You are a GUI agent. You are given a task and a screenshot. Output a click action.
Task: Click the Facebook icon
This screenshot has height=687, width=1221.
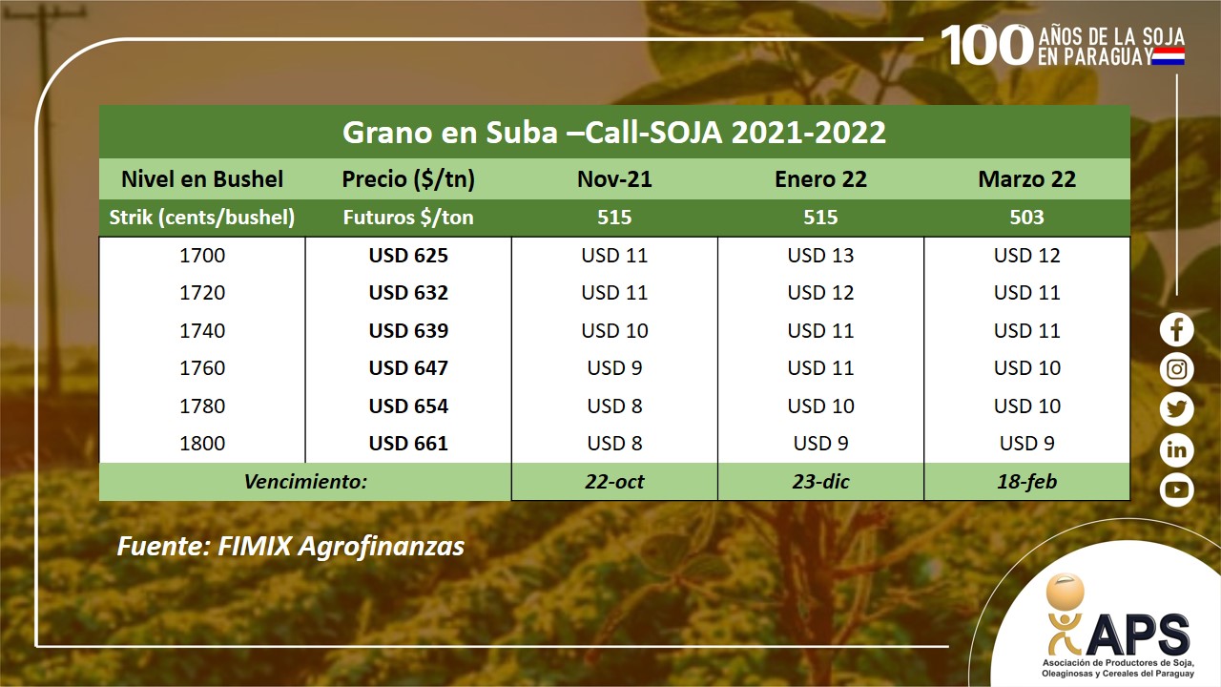coord(1176,330)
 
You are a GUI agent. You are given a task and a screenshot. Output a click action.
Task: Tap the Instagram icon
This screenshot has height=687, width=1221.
coord(1176,369)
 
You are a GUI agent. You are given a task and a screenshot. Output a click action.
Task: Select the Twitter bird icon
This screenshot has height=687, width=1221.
coord(1176,409)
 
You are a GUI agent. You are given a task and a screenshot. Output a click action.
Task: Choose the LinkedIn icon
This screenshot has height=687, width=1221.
coord(1176,449)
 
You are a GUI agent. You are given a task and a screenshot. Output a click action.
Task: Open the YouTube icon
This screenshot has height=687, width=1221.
coord(1176,489)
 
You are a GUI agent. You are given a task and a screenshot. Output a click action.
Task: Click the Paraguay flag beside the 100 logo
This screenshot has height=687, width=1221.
coord(1169,56)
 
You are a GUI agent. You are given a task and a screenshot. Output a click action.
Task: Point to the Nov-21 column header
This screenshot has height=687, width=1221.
coord(614,179)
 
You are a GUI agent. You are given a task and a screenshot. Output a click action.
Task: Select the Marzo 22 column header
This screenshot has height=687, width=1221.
coord(1027,179)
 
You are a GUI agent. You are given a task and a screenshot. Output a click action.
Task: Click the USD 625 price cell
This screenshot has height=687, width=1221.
coord(408,255)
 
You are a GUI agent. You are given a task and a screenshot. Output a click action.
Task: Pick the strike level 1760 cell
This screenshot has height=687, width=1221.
coord(202,368)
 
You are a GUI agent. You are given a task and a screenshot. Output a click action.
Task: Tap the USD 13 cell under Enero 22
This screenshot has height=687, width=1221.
coord(820,255)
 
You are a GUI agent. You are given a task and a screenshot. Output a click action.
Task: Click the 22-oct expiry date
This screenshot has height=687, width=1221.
coord(614,482)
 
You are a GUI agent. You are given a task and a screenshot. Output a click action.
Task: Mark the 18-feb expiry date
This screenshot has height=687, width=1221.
coord(1027,482)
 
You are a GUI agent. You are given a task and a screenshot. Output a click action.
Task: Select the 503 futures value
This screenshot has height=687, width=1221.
coord(1027,217)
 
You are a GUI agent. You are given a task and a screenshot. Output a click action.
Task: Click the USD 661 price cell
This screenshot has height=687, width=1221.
coord(408,444)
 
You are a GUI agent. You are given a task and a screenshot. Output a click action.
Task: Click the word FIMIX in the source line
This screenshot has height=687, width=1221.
coord(255,547)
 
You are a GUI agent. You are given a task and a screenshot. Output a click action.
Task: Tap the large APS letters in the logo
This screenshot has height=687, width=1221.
coord(1138,635)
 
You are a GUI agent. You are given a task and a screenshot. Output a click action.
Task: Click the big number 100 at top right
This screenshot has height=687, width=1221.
coord(986,45)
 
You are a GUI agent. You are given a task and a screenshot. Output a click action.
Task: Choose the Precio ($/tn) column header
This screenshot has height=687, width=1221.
coord(408,179)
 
